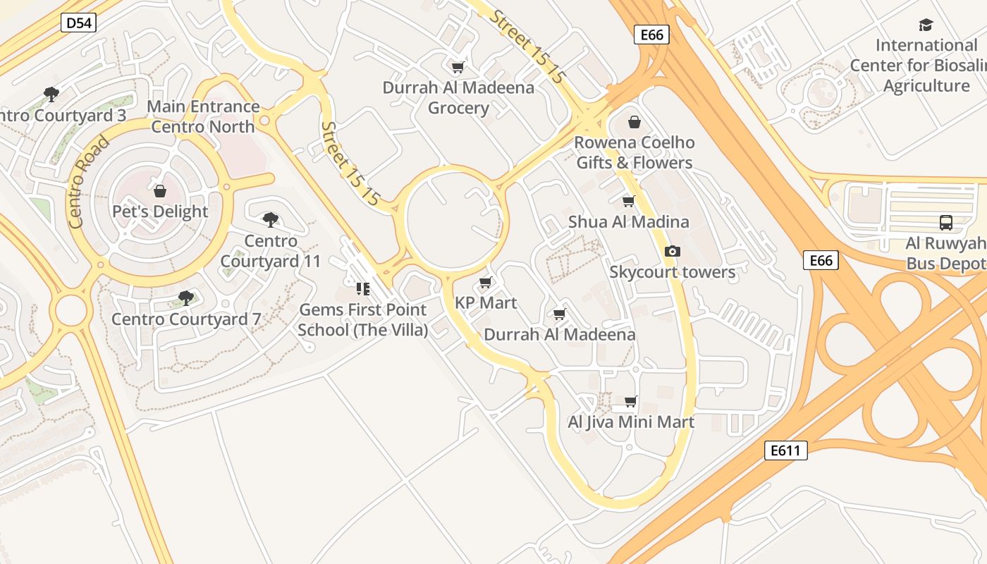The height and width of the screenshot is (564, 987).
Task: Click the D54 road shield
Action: coord(78,23)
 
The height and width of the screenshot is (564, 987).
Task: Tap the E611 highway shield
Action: coord(785,450)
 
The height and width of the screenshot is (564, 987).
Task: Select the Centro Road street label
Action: coord(89,181)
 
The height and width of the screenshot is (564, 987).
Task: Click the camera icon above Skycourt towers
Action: coord(673,251)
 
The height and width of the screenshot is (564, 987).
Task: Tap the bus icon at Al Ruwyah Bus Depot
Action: coord(946,223)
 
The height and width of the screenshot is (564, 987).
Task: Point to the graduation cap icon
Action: coord(926,25)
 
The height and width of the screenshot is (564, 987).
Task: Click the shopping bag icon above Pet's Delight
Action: coord(160,191)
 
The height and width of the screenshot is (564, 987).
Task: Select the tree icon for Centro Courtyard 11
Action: coord(270,220)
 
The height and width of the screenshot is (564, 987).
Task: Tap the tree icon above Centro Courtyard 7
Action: coord(186,298)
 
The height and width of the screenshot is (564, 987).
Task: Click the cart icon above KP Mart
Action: coord(485,283)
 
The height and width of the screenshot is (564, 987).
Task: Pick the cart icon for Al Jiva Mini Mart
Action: coord(631,401)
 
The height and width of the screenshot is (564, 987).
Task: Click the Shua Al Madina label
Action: coord(628,221)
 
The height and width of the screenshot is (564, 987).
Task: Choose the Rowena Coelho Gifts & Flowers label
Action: coord(634,152)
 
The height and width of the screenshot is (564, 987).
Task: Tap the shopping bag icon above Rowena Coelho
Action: coord(634,122)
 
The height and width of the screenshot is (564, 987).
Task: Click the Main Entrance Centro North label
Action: coord(203,116)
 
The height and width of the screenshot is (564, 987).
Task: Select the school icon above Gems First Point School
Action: coord(363,288)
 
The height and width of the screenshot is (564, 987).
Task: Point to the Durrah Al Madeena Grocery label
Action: coord(458,98)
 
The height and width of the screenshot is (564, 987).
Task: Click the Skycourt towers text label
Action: coord(672,272)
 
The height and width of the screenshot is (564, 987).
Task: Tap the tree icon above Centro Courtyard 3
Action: coord(51,94)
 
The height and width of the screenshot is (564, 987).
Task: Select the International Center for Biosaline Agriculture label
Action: coord(926,66)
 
